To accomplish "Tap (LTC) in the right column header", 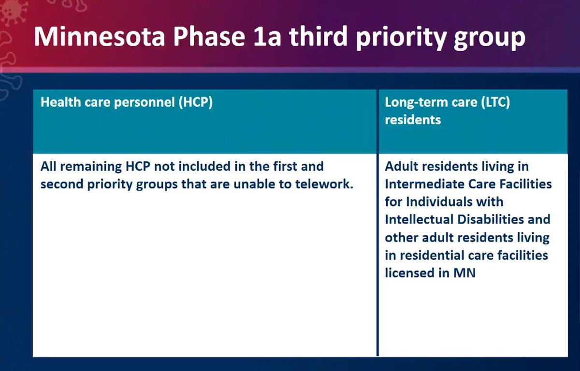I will coord(491,103).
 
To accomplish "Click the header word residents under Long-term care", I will coord(413,119).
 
